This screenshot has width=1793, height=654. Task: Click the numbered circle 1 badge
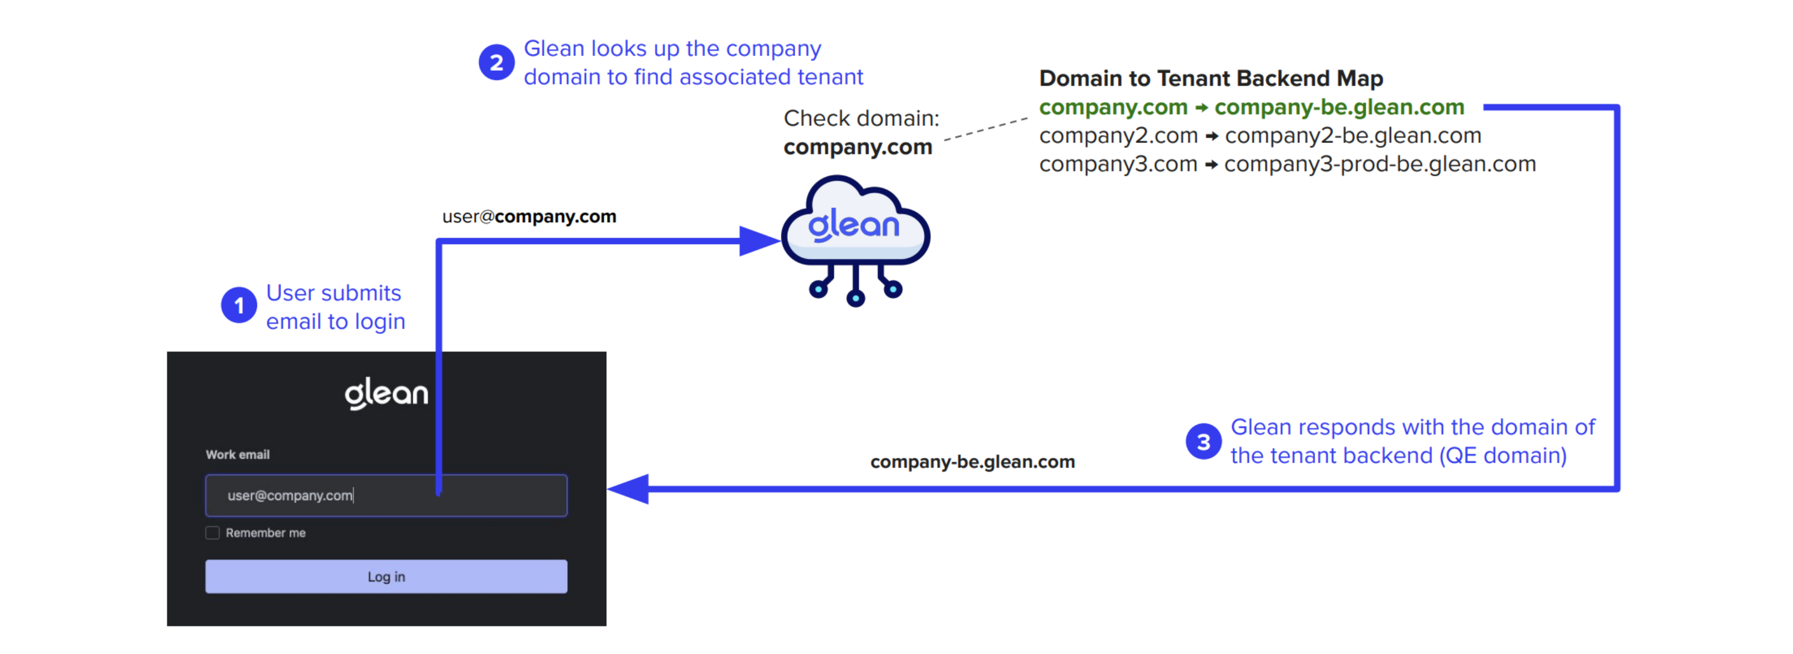pos(239,305)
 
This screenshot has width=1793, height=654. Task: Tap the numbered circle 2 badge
pos(497,63)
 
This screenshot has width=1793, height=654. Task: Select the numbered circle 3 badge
pos(1203,442)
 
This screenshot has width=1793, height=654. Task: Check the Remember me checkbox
pos(213,533)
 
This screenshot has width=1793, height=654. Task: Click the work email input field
pos(386,495)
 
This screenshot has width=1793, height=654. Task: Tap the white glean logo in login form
pos(386,394)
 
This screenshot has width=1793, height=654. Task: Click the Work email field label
pos(237,454)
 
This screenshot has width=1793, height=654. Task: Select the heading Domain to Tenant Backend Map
pos(1210,79)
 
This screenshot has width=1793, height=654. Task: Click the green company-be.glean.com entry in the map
pos(1339,107)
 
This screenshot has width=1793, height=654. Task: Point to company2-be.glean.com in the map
pos(1353,136)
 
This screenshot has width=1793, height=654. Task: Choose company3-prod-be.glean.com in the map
pos(1380,164)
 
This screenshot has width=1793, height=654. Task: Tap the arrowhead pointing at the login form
pos(629,489)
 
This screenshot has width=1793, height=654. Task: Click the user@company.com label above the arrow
pos(529,216)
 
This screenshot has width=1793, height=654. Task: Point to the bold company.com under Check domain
pos(858,147)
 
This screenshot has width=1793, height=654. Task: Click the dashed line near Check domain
pos(985,129)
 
